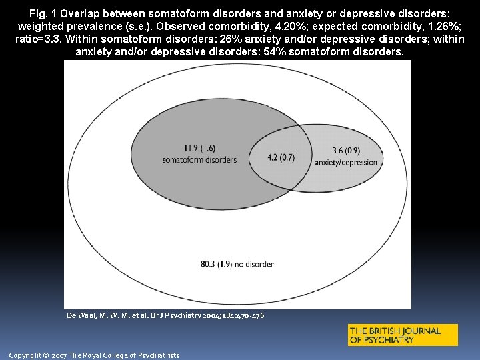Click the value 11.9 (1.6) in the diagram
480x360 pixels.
click(199, 148)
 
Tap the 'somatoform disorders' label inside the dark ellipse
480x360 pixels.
click(199, 160)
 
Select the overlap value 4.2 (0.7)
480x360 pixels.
click(281, 158)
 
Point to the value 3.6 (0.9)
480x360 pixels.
click(346, 150)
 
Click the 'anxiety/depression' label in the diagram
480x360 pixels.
click(346, 162)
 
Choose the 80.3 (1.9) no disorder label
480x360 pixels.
click(237, 265)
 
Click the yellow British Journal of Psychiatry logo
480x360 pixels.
click(403, 335)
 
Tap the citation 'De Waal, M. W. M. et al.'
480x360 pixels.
click(111, 315)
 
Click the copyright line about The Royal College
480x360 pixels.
click(94, 355)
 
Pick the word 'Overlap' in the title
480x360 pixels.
click(89, 13)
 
